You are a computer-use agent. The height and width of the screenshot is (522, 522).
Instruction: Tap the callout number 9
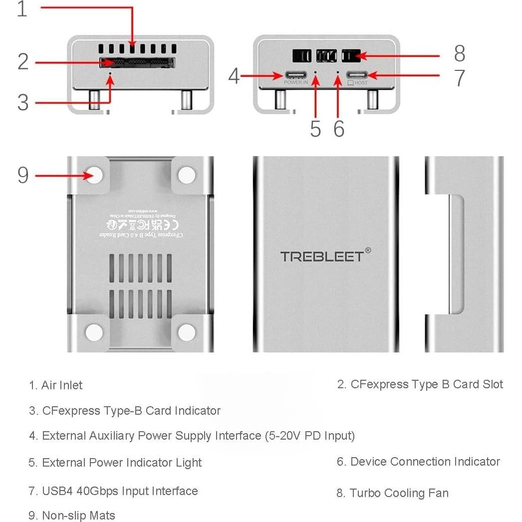tap(23, 175)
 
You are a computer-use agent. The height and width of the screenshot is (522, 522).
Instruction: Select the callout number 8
tap(459, 53)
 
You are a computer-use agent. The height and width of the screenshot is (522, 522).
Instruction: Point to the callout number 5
tap(315, 129)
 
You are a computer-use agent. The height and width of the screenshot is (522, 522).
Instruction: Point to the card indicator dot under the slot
tap(111, 73)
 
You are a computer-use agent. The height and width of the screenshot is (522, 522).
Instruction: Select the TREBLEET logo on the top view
tap(322, 257)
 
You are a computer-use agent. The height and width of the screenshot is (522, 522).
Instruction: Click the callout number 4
tap(234, 76)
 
